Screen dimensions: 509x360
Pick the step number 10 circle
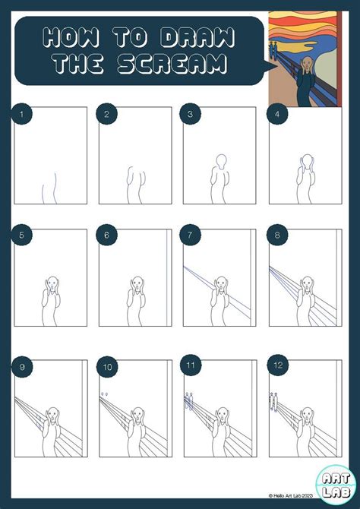pos(107,368)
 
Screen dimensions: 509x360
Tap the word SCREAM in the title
pos(173,65)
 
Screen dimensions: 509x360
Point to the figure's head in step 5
pos(52,283)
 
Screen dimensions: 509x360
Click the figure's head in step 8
pos(307,283)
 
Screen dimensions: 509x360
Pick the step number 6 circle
pos(107,236)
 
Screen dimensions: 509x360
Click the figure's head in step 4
pos(307,162)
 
